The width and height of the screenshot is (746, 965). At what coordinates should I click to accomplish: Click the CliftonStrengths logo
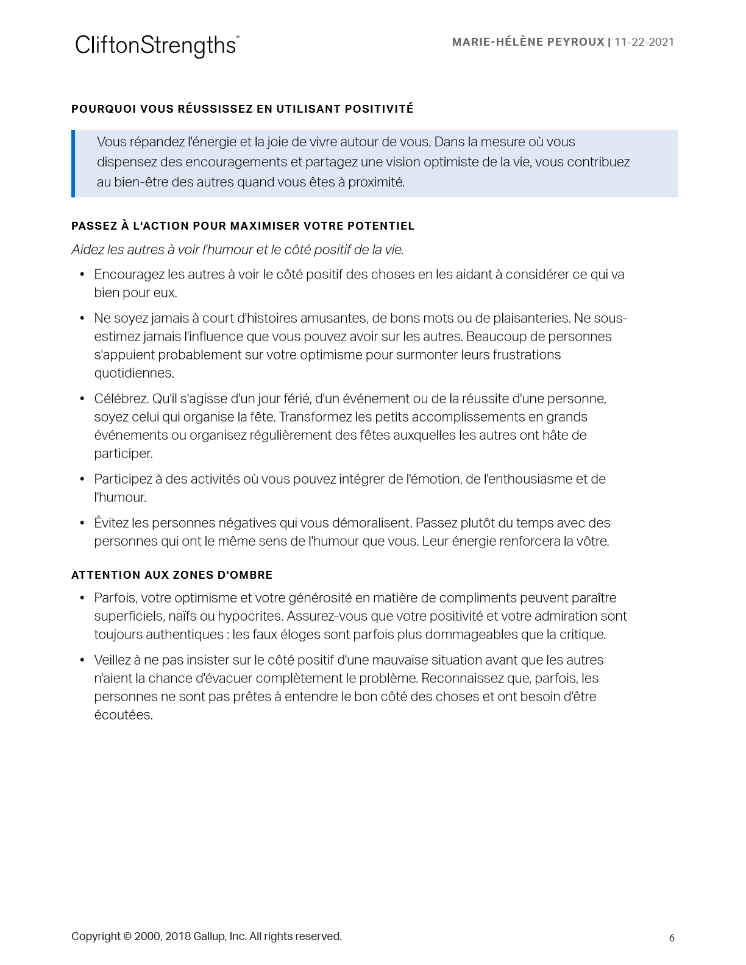[157, 46]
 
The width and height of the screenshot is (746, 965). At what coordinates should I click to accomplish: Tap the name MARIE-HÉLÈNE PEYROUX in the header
[528, 42]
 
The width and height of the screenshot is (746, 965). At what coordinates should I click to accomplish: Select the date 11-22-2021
[644, 42]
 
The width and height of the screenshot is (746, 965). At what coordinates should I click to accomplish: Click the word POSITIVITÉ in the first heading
[379, 109]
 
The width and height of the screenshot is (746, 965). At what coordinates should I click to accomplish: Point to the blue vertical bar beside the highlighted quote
[73, 163]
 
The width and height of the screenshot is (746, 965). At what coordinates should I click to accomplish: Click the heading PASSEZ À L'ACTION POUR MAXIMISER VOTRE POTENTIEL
[243, 226]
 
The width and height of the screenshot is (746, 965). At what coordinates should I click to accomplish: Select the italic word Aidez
[87, 250]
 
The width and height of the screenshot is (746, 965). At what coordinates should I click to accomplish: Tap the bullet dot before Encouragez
[82, 275]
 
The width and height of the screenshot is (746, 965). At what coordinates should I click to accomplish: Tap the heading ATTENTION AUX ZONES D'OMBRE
[172, 575]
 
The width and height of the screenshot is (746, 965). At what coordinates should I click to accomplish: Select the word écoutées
[123, 715]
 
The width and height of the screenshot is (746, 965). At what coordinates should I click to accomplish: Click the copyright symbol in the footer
[127, 936]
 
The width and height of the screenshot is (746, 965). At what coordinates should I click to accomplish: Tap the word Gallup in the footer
[208, 936]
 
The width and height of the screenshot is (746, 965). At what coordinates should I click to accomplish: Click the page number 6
[672, 938]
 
